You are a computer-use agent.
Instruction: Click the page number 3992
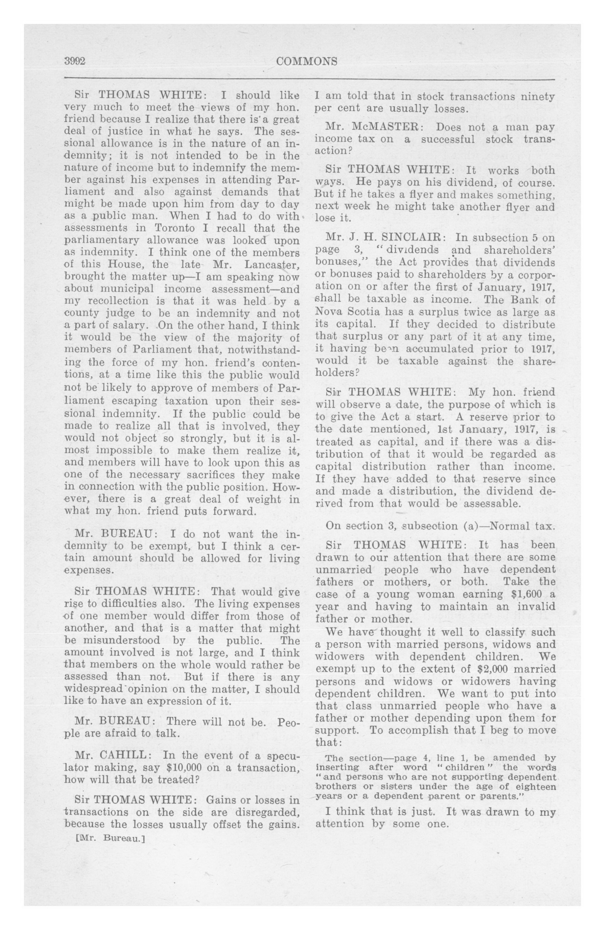[75, 61]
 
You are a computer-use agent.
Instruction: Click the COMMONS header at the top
[306, 61]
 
